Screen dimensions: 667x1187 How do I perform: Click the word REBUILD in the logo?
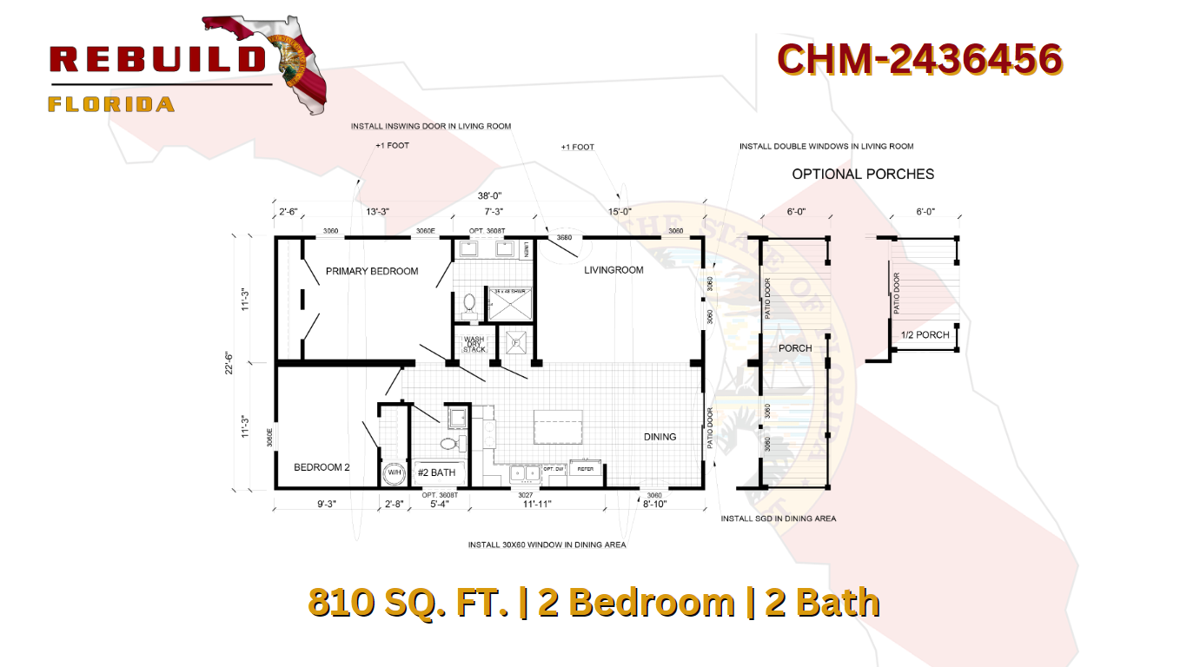(x=157, y=59)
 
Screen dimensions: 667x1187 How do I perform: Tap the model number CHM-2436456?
(x=919, y=59)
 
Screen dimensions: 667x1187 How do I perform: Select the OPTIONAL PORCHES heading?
(x=863, y=174)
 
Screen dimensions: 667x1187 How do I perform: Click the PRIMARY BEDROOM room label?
(x=372, y=271)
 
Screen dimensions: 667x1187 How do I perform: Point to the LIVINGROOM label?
(x=613, y=270)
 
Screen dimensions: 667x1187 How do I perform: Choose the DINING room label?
(x=660, y=437)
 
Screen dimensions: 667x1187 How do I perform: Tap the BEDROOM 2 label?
(x=322, y=467)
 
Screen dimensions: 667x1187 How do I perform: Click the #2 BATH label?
(x=436, y=472)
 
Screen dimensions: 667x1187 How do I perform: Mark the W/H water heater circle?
(x=394, y=474)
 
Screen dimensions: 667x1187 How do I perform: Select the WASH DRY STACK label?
(x=474, y=344)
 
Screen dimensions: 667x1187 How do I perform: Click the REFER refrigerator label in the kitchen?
(x=586, y=469)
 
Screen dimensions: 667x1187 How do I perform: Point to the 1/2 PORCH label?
(x=925, y=335)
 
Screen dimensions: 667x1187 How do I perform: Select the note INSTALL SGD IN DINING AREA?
(x=779, y=518)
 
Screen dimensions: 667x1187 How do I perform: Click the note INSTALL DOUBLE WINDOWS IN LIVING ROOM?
(x=826, y=147)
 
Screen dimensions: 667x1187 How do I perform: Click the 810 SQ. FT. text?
(x=408, y=603)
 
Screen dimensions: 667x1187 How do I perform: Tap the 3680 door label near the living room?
(x=564, y=237)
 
